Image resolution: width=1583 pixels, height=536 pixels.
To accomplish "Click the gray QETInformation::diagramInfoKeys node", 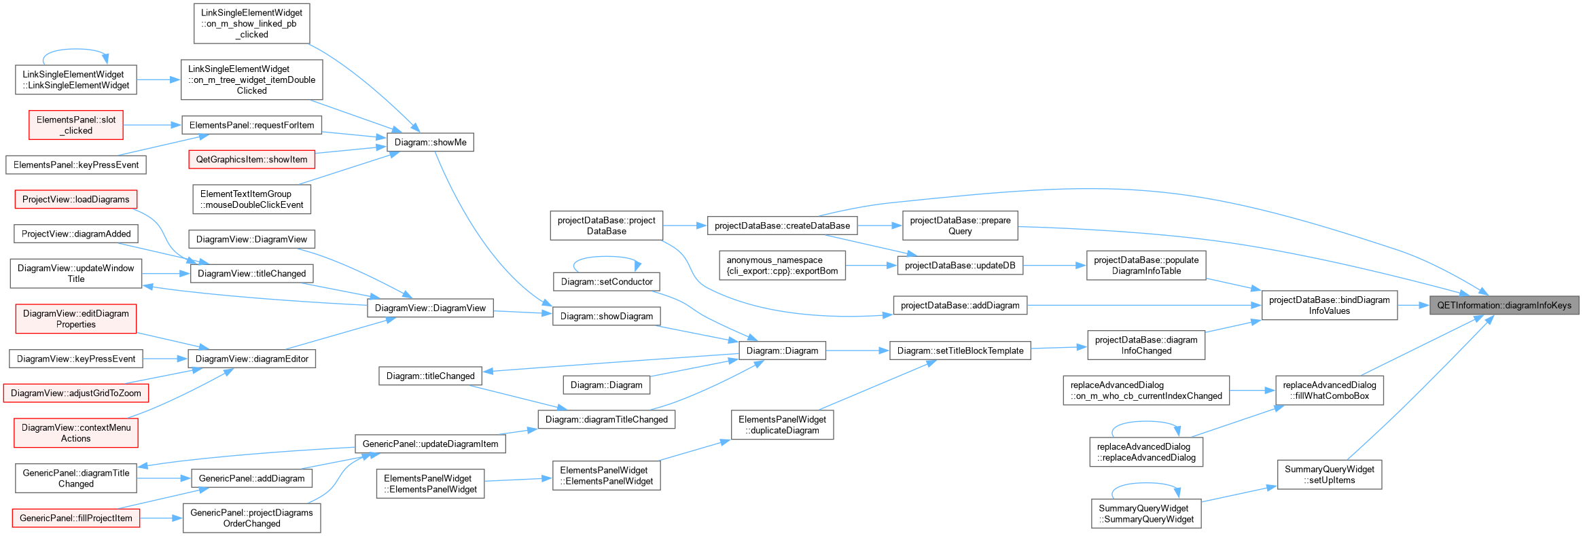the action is (x=1504, y=305).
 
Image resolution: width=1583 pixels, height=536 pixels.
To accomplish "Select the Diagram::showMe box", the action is (x=430, y=142).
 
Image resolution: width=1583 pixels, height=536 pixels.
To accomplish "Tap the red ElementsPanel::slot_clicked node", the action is (x=76, y=125).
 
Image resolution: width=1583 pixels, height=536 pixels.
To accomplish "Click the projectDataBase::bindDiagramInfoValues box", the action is (x=1329, y=305).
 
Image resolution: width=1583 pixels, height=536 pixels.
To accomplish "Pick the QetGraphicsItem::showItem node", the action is (x=251, y=160).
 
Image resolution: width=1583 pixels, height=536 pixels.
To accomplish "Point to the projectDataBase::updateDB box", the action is (x=960, y=266).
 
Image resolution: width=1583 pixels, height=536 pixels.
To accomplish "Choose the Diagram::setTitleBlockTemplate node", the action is (x=960, y=351).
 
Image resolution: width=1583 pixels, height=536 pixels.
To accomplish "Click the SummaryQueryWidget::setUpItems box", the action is (x=1329, y=474).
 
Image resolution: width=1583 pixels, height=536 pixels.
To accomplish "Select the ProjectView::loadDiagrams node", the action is (x=75, y=199).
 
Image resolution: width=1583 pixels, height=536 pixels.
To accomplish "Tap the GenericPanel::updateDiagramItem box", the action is (x=430, y=444).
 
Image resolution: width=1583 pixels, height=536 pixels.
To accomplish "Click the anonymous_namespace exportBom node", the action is (x=782, y=266).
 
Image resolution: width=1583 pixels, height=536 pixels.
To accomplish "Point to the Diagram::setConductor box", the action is (x=607, y=281).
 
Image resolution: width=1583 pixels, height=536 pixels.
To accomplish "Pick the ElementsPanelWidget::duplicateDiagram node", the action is (x=782, y=425).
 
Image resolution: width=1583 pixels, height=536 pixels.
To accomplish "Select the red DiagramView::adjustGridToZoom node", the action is (x=75, y=393).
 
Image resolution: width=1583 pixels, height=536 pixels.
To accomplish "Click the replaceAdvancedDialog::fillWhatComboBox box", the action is (x=1329, y=390).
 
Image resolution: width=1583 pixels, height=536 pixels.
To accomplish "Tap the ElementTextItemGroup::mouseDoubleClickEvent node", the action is (x=251, y=199).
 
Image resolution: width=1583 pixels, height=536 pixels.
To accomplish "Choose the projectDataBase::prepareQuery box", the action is (x=960, y=226).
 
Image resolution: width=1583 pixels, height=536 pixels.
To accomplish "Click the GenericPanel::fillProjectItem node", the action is (x=75, y=518).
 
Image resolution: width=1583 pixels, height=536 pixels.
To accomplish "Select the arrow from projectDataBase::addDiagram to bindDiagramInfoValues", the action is (x=1144, y=305).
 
